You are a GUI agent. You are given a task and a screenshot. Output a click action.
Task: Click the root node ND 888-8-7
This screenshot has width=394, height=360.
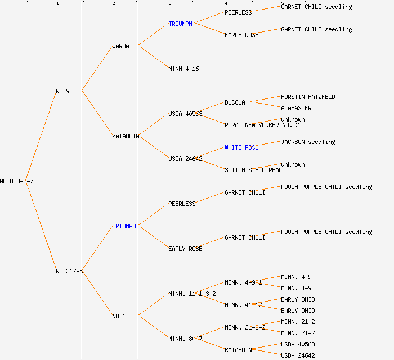point(17,181)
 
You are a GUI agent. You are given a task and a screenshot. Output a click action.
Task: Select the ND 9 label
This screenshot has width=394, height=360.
point(62,91)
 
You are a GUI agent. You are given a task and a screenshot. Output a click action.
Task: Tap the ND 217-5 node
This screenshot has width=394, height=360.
point(69,271)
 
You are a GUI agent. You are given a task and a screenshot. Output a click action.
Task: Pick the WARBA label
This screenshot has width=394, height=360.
point(120,46)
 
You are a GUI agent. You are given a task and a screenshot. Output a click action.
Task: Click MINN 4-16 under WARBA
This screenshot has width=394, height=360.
point(183,69)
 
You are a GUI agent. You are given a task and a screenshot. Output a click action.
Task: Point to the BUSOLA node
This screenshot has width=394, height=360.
point(235,102)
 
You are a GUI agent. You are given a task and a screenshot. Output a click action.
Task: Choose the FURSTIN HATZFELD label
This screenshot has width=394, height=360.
point(308,97)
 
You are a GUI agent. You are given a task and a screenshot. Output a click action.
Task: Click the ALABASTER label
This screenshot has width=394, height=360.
point(296,108)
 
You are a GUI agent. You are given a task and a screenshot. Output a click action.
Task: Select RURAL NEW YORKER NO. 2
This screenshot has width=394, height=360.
point(262,125)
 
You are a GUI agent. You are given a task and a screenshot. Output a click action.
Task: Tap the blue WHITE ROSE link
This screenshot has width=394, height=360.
point(241,147)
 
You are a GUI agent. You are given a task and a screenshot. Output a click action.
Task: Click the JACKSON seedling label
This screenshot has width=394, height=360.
point(308,142)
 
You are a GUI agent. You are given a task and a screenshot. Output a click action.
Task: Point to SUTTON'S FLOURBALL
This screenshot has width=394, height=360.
point(255,170)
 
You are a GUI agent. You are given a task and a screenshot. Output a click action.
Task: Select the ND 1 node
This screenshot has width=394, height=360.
point(119,316)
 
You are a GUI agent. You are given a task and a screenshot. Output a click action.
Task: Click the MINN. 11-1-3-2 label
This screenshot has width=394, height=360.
point(192,294)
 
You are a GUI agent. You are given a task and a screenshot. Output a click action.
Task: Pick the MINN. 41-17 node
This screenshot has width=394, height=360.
point(243,305)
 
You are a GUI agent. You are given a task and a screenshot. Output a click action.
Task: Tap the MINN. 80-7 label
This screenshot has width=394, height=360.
point(185,339)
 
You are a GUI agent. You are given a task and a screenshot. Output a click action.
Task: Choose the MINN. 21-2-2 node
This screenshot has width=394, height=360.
point(245,327)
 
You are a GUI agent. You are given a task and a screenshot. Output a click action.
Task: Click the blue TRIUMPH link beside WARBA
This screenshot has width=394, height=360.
point(180,24)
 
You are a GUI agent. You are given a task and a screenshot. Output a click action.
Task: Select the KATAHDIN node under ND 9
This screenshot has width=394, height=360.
point(126,136)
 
